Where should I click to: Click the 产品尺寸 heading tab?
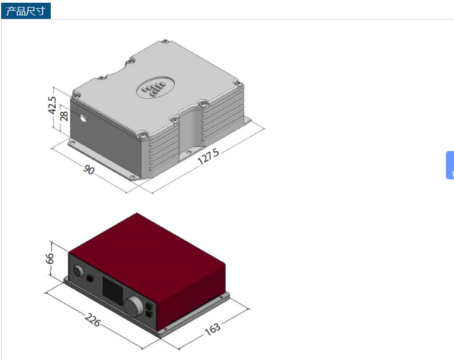(26, 11)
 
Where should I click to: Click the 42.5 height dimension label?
(52, 105)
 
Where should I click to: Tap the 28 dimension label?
(64, 116)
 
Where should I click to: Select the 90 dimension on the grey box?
(89, 169)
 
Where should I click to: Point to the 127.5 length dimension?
(208, 157)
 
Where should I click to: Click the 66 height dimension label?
(50, 259)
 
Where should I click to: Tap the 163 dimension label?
(213, 329)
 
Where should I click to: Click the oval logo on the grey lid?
(155, 87)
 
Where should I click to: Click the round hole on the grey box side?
(84, 118)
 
